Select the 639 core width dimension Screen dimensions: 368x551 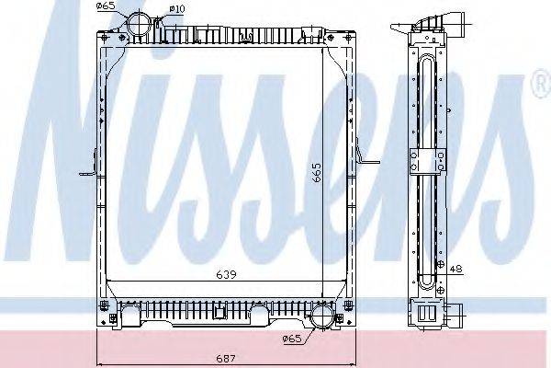click(225, 274)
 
